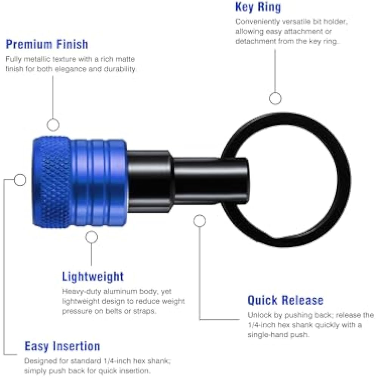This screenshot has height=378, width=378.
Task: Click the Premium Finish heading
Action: click(x=47, y=44)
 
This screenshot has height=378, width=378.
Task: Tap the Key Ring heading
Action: click(x=258, y=7)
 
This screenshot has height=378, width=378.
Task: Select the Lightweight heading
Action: click(x=93, y=276)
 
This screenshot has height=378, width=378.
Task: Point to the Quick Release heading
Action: click(x=285, y=301)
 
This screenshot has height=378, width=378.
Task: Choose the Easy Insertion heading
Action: click(x=62, y=346)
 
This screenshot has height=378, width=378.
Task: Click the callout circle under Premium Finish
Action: click(x=53, y=124)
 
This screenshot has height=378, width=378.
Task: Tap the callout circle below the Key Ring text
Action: click(x=275, y=98)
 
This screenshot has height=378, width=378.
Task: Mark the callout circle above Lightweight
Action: click(x=91, y=237)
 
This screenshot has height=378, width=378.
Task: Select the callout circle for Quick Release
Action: click(x=200, y=221)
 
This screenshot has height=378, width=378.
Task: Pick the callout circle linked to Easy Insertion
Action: click(x=20, y=180)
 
